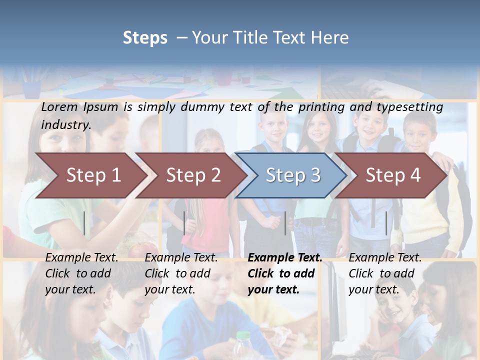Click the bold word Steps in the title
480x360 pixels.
(145, 38)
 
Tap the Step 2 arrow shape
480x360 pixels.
(193, 175)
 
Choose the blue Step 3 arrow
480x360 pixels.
(293, 175)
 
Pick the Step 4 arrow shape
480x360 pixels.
(393, 175)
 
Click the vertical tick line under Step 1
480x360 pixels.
(84, 223)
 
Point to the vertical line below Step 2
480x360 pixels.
(184, 223)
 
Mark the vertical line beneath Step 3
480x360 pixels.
(285, 223)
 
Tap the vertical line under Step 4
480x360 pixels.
(386, 223)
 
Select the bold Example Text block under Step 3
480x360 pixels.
(285, 273)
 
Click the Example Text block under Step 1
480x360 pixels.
(81, 273)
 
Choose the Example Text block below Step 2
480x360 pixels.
(181, 273)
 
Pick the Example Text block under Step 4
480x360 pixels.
(385, 273)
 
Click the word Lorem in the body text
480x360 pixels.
(59, 106)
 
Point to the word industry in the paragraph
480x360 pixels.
(65, 124)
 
